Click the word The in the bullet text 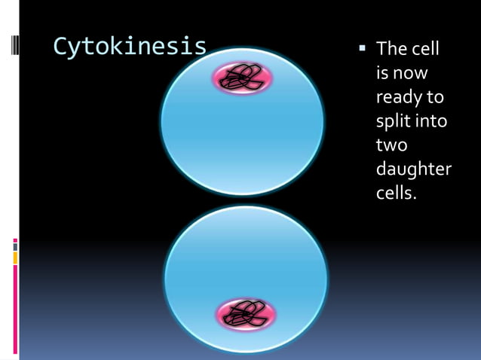point(391,50)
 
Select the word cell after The point(424,50)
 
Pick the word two point(391,145)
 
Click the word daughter point(413,169)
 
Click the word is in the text point(383,74)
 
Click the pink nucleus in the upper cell point(241,78)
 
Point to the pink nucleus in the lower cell point(245,315)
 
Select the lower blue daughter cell point(245,264)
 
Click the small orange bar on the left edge point(14,258)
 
